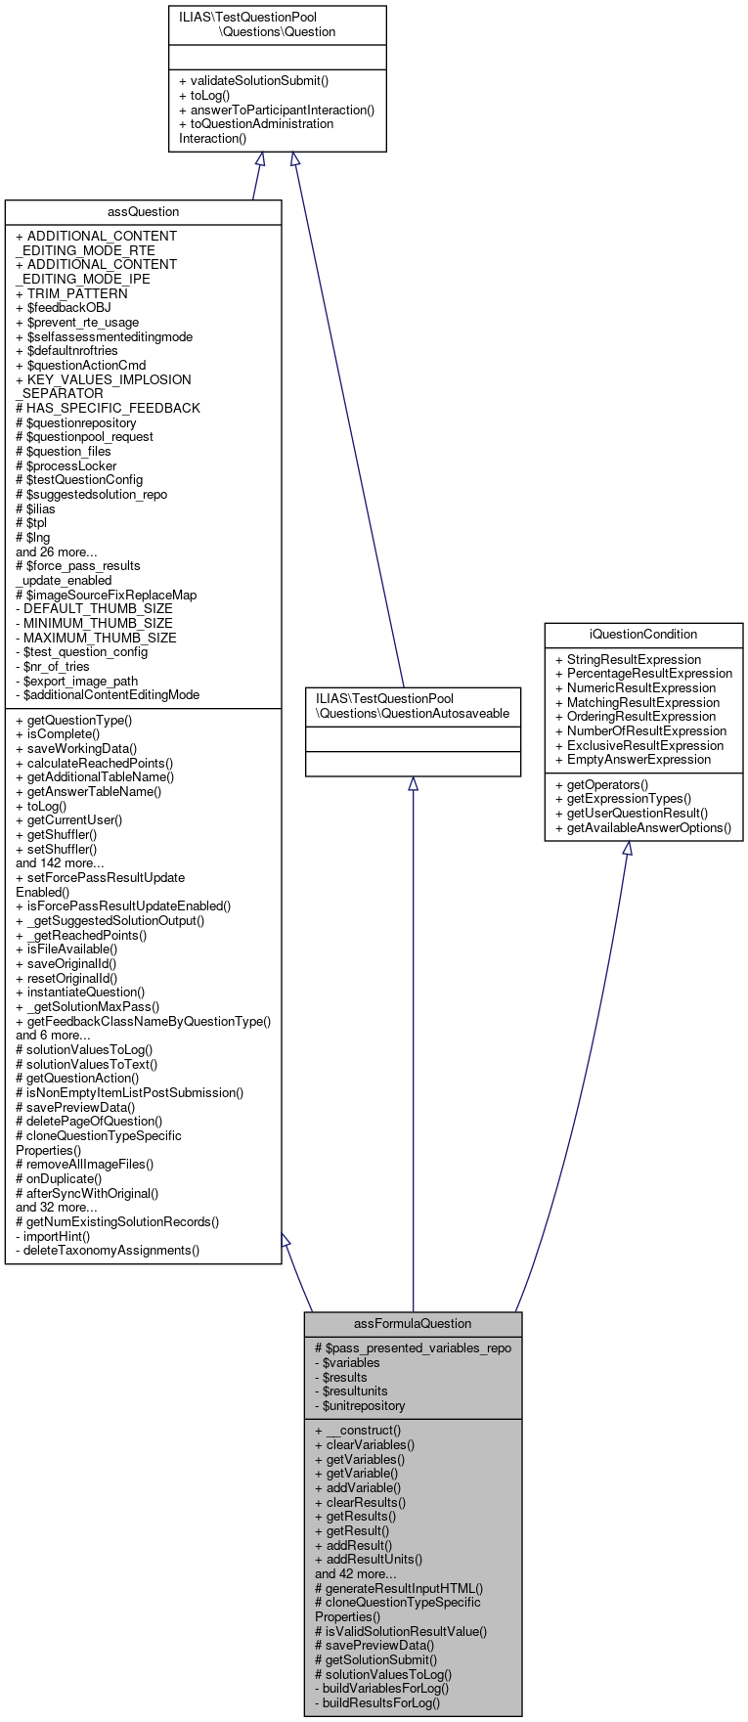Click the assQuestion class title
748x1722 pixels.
click(x=143, y=212)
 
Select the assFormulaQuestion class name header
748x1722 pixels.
click(x=413, y=1323)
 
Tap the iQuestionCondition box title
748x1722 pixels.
click(x=643, y=635)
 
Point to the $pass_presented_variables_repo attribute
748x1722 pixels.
click(x=413, y=1347)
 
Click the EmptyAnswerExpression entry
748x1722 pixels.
click(x=633, y=759)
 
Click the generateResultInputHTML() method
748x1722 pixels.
click(x=399, y=1589)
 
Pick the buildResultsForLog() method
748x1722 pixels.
click(x=377, y=1702)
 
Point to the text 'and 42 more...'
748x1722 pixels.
click(x=355, y=1574)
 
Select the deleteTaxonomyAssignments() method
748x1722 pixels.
click(x=108, y=1250)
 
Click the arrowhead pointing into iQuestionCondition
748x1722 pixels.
click(x=628, y=849)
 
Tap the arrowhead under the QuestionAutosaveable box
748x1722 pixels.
click(x=414, y=784)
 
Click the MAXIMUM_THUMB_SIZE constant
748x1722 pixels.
click(x=96, y=638)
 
